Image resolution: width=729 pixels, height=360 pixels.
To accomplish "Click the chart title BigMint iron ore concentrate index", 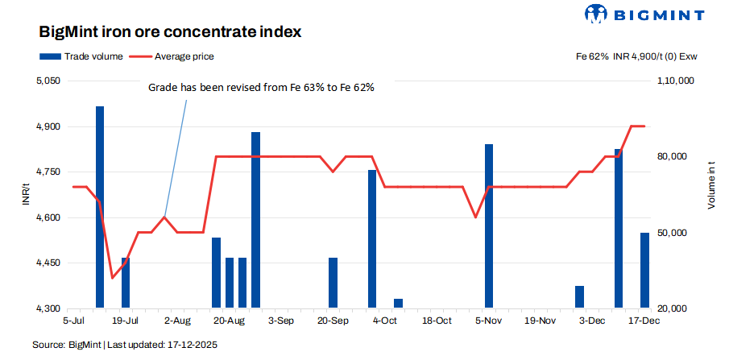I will coord(170,32).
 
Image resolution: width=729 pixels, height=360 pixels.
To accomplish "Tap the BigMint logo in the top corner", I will coord(644,14).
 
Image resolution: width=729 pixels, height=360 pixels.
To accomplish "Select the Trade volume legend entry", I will coord(81,56).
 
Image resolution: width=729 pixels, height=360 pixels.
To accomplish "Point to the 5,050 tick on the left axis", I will coord(48,81).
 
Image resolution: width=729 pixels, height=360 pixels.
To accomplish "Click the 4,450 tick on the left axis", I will coord(48,263).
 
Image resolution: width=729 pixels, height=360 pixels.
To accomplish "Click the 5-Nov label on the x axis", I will coord(488,321).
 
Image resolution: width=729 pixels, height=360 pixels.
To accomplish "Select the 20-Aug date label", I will coord(229,321).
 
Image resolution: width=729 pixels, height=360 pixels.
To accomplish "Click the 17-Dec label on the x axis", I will coord(644,321).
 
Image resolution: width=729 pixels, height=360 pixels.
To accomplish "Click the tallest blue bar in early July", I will coord(100,207).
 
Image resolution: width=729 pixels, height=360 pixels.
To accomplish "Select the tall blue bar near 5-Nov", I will coord(488,226).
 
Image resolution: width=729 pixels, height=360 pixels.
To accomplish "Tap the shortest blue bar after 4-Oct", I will coord(398,304).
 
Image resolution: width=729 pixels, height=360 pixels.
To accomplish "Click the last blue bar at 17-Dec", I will coord(644,271).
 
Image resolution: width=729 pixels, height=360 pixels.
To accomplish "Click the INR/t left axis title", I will coord(26,195).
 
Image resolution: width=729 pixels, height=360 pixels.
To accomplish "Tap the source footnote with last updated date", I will coord(125,345).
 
